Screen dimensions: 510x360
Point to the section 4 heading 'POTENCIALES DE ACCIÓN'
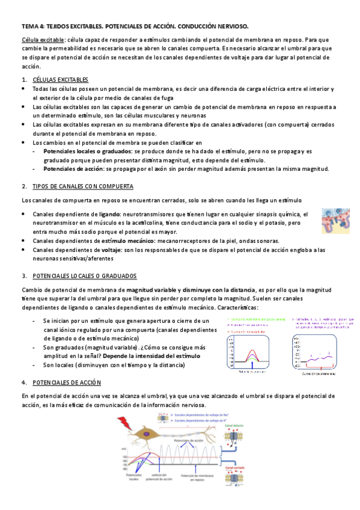point(67,382)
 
